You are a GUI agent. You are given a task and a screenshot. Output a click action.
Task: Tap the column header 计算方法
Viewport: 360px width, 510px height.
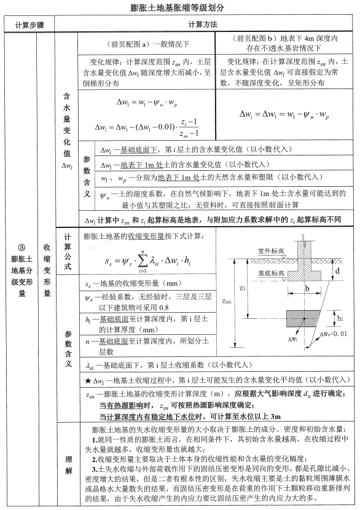(206, 25)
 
